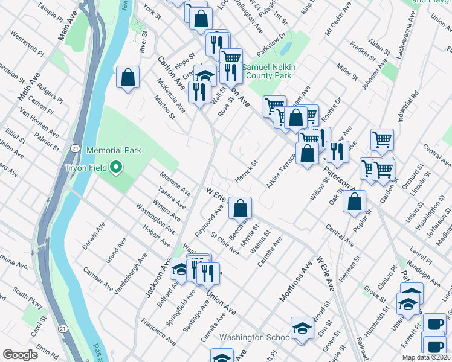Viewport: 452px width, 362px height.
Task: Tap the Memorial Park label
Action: click(114, 150)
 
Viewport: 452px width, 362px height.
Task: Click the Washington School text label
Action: click(250, 338)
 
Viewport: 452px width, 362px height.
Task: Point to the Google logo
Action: click(20, 355)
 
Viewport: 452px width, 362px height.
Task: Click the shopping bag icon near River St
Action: click(128, 77)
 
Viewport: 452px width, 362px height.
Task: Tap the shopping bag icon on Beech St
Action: click(241, 209)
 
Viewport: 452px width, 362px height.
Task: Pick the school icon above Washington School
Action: click(302, 328)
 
